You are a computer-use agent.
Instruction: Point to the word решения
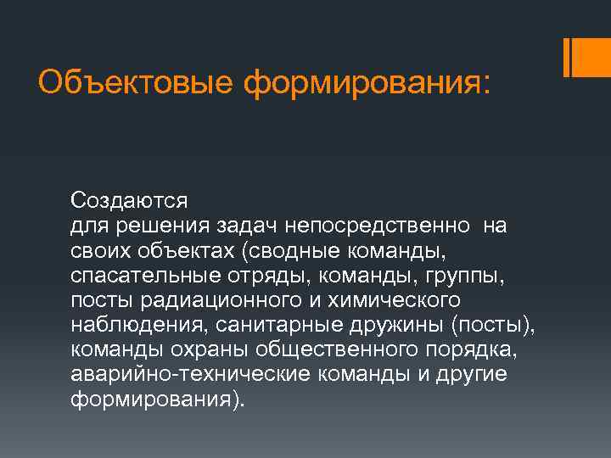click(x=156, y=226)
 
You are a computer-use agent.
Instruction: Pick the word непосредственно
click(x=379, y=226)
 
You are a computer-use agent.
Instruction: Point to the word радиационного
click(x=215, y=301)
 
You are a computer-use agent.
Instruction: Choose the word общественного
click(x=328, y=351)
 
